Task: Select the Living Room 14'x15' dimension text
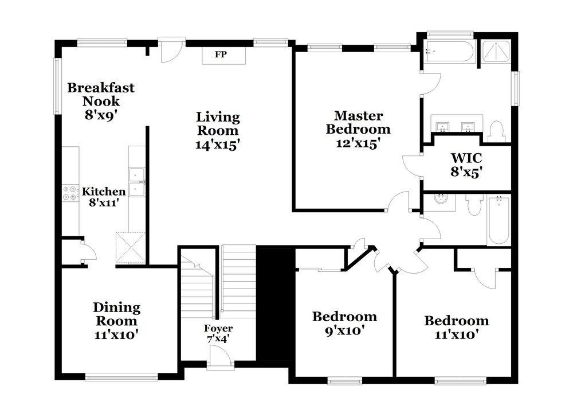217,145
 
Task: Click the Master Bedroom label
358,129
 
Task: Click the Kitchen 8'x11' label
103,196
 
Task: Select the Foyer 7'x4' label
218,334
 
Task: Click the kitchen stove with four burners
70,193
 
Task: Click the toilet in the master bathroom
496,131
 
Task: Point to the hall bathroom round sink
441,200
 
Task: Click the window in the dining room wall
121,377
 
